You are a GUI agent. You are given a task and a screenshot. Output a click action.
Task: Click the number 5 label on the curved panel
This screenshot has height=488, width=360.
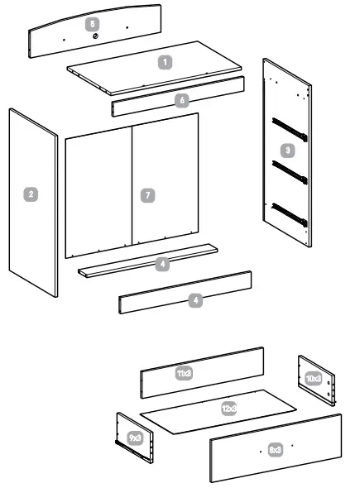[x=93, y=25]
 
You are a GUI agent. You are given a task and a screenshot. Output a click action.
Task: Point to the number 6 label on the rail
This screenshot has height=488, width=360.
[x=182, y=99]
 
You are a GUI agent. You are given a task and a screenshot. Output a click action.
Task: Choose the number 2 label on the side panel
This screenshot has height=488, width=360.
[x=31, y=194]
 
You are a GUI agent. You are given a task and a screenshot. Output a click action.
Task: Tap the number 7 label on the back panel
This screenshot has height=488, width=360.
[x=146, y=194]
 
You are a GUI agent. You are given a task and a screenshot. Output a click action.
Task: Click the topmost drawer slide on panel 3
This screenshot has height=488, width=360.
[x=291, y=129]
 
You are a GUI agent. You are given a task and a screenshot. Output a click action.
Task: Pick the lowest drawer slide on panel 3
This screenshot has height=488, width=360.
[x=291, y=213]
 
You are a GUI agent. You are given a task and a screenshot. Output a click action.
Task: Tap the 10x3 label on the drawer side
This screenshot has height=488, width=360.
[x=314, y=377]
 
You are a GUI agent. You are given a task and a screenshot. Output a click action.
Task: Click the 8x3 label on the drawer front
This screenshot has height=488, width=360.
[x=276, y=449]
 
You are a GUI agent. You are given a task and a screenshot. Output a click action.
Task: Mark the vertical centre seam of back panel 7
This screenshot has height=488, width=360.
[x=132, y=185]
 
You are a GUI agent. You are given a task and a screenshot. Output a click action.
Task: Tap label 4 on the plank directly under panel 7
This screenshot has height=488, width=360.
[x=163, y=264]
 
